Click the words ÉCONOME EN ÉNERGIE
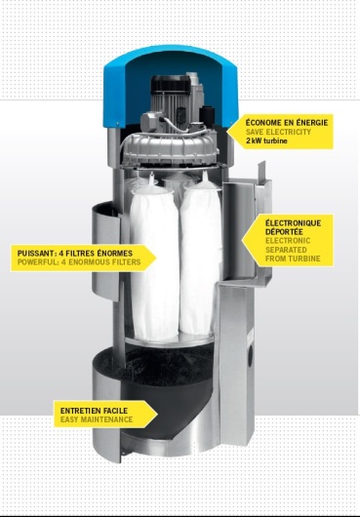pyautogui.click(x=287, y=123)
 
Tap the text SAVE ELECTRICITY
pyautogui.click(x=278, y=132)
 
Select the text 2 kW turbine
pyautogui.click(x=266, y=140)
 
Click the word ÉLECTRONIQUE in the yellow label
pyautogui.click(x=293, y=223)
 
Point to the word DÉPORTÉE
pyautogui.click(x=284, y=232)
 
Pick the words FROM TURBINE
pyautogui.click(x=293, y=258)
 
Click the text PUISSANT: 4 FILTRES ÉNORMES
pyautogui.click(x=75, y=254)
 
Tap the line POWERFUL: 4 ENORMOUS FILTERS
pyautogui.click(x=79, y=262)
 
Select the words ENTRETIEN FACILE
pyautogui.click(x=94, y=411)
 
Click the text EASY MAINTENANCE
pyautogui.click(x=97, y=419)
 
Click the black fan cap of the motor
pyautogui.click(x=171, y=85)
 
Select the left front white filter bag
pyautogui.click(x=154, y=263)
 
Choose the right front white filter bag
pyautogui.click(x=200, y=258)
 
